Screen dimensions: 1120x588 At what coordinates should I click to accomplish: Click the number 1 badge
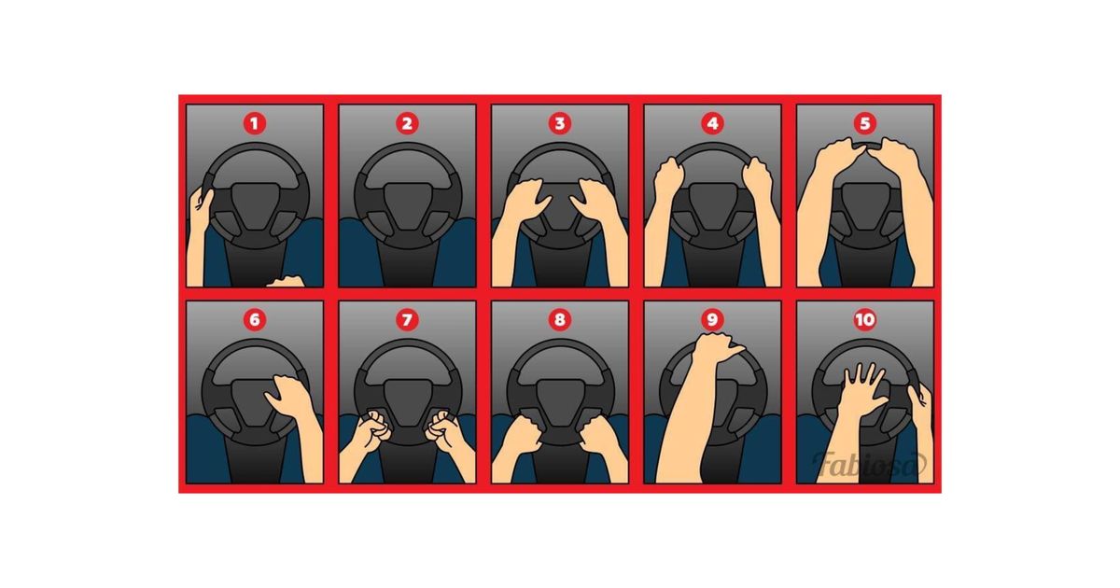click(x=255, y=123)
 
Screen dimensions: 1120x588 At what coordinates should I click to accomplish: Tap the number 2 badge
click(x=407, y=123)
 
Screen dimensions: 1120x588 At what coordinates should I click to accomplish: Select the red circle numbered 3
click(x=559, y=123)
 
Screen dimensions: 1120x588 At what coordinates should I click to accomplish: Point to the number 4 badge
click(x=712, y=123)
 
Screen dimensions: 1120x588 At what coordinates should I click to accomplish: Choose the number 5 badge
click(x=865, y=123)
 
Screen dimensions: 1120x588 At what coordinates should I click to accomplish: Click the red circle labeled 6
click(x=255, y=319)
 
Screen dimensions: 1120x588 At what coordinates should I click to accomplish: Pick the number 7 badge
click(x=407, y=319)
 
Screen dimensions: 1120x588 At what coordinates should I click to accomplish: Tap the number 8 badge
click(x=559, y=319)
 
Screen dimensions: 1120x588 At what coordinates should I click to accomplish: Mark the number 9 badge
click(x=712, y=319)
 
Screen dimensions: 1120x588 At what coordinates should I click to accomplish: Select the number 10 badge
click(x=865, y=319)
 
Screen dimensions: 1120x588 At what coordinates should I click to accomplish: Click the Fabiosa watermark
click(x=870, y=464)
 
